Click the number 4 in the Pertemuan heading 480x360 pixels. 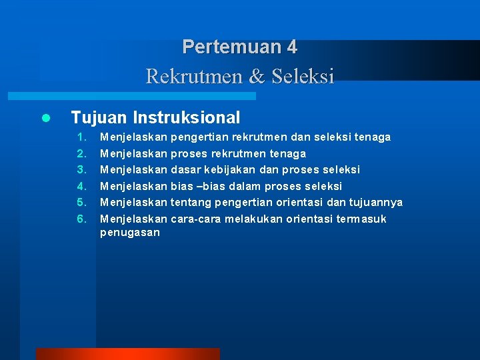click(x=291, y=47)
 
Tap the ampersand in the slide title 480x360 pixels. click(x=256, y=77)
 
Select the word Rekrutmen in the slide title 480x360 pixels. click(x=195, y=77)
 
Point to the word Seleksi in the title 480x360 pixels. click(x=302, y=77)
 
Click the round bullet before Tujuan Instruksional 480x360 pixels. click(x=45, y=119)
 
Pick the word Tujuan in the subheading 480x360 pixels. click(x=99, y=118)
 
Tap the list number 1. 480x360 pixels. click(x=83, y=137)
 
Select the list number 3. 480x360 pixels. click(x=83, y=170)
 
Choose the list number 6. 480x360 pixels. click(x=83, y=219)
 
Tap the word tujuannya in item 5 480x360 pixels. click(x=375, y=203)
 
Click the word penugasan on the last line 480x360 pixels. click(x=130, y=233)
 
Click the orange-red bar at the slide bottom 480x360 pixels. click(x=127, y=354)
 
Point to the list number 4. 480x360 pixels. click(x=83, y=187)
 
